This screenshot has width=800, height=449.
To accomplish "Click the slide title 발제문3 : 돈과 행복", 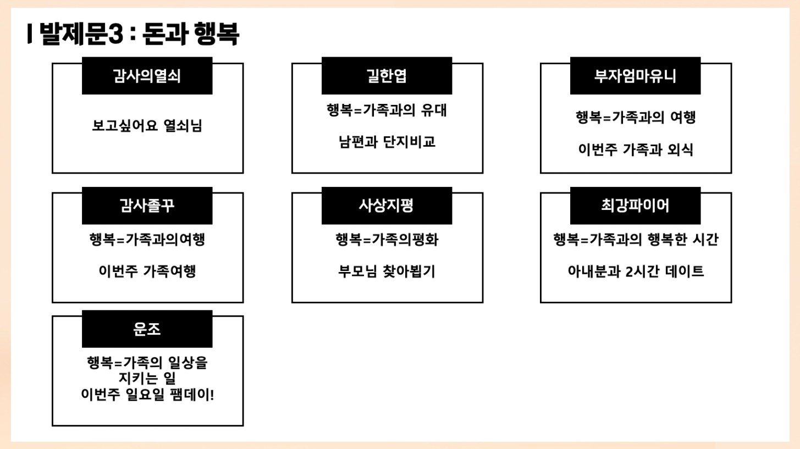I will [135, 35].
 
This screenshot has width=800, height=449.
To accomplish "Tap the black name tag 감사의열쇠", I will [147, 76].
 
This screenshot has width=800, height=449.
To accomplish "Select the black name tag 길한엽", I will [387, 76].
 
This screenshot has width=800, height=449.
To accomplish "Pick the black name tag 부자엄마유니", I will [635, 76].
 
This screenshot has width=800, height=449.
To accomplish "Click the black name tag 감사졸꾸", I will [147, 206].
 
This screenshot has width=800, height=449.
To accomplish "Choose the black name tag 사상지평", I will [387, 206].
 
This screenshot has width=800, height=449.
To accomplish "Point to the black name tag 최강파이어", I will [635, 206].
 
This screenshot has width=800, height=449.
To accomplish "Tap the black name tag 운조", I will [147, 329].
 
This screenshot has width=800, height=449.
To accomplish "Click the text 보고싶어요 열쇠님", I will [147, 126].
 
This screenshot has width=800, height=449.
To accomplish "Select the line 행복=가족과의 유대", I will [387, 110].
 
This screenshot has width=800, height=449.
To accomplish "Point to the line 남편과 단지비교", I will [387, 142].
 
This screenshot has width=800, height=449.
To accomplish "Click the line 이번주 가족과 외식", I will [635, 149].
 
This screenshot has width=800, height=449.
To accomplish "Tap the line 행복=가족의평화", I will [387, 240].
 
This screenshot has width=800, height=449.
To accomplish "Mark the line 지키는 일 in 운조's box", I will [147, 379].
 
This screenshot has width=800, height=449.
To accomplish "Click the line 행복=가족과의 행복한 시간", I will [635, 240].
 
